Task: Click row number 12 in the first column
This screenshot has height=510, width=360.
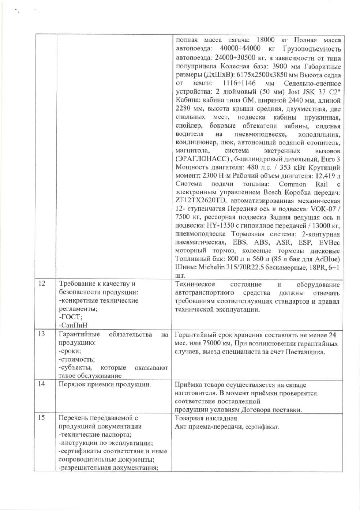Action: click(x=42, y=283)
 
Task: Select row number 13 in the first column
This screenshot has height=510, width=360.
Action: click(x=42, y=334)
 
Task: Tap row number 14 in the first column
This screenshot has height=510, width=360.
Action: click(x=42, y=384)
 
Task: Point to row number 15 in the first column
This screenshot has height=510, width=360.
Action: click(x=42, y=418)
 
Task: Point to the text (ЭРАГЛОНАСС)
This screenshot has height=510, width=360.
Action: click(x=202, y=159)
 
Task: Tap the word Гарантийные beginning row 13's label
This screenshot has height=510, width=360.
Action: click(x=79, y=335)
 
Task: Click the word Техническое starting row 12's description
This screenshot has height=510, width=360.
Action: click(x=195, y=285)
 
